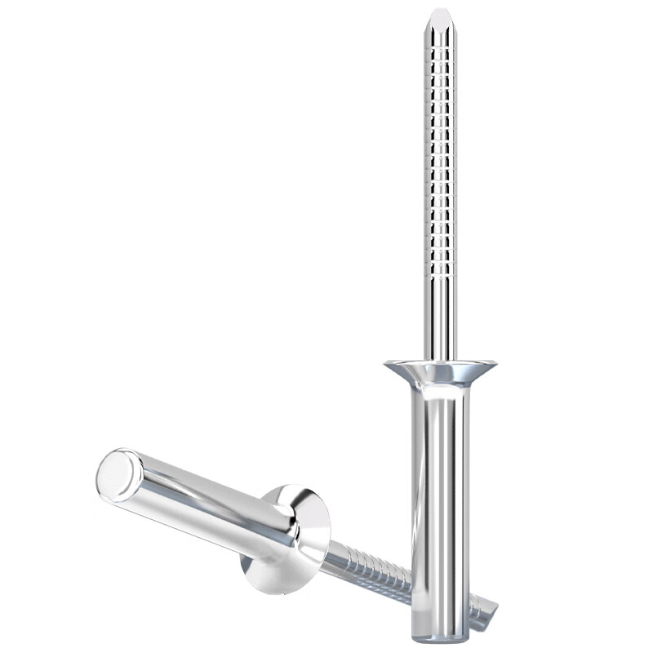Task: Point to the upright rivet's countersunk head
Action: click(x=441, y=372)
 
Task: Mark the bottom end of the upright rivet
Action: click(x=441, y=634)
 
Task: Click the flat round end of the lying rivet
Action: click(x=119, y=474)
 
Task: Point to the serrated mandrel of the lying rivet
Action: click(x=367, y=571)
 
